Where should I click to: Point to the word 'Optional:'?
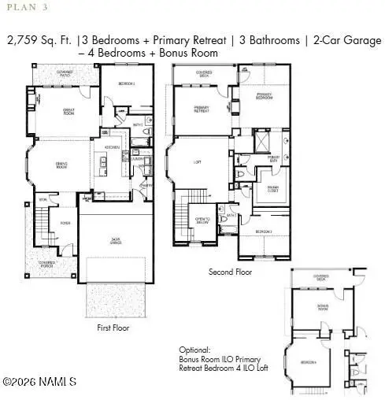click(196, 349)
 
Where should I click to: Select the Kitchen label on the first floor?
click(112, 147)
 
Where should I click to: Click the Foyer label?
click(66, 223)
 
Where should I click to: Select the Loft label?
click(198, 163)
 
